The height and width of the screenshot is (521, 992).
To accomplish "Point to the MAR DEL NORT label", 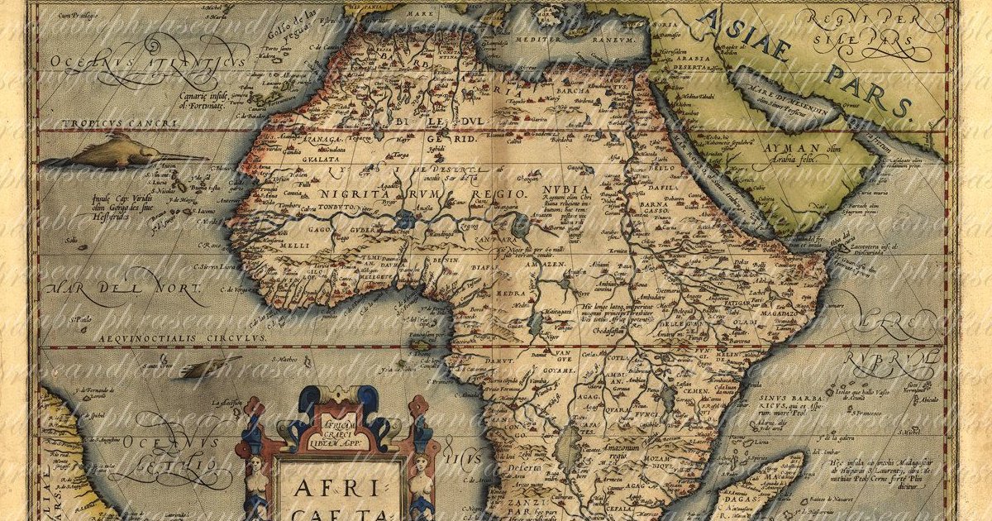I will (124, 290).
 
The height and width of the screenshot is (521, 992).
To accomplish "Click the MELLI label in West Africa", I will (257, 246).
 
